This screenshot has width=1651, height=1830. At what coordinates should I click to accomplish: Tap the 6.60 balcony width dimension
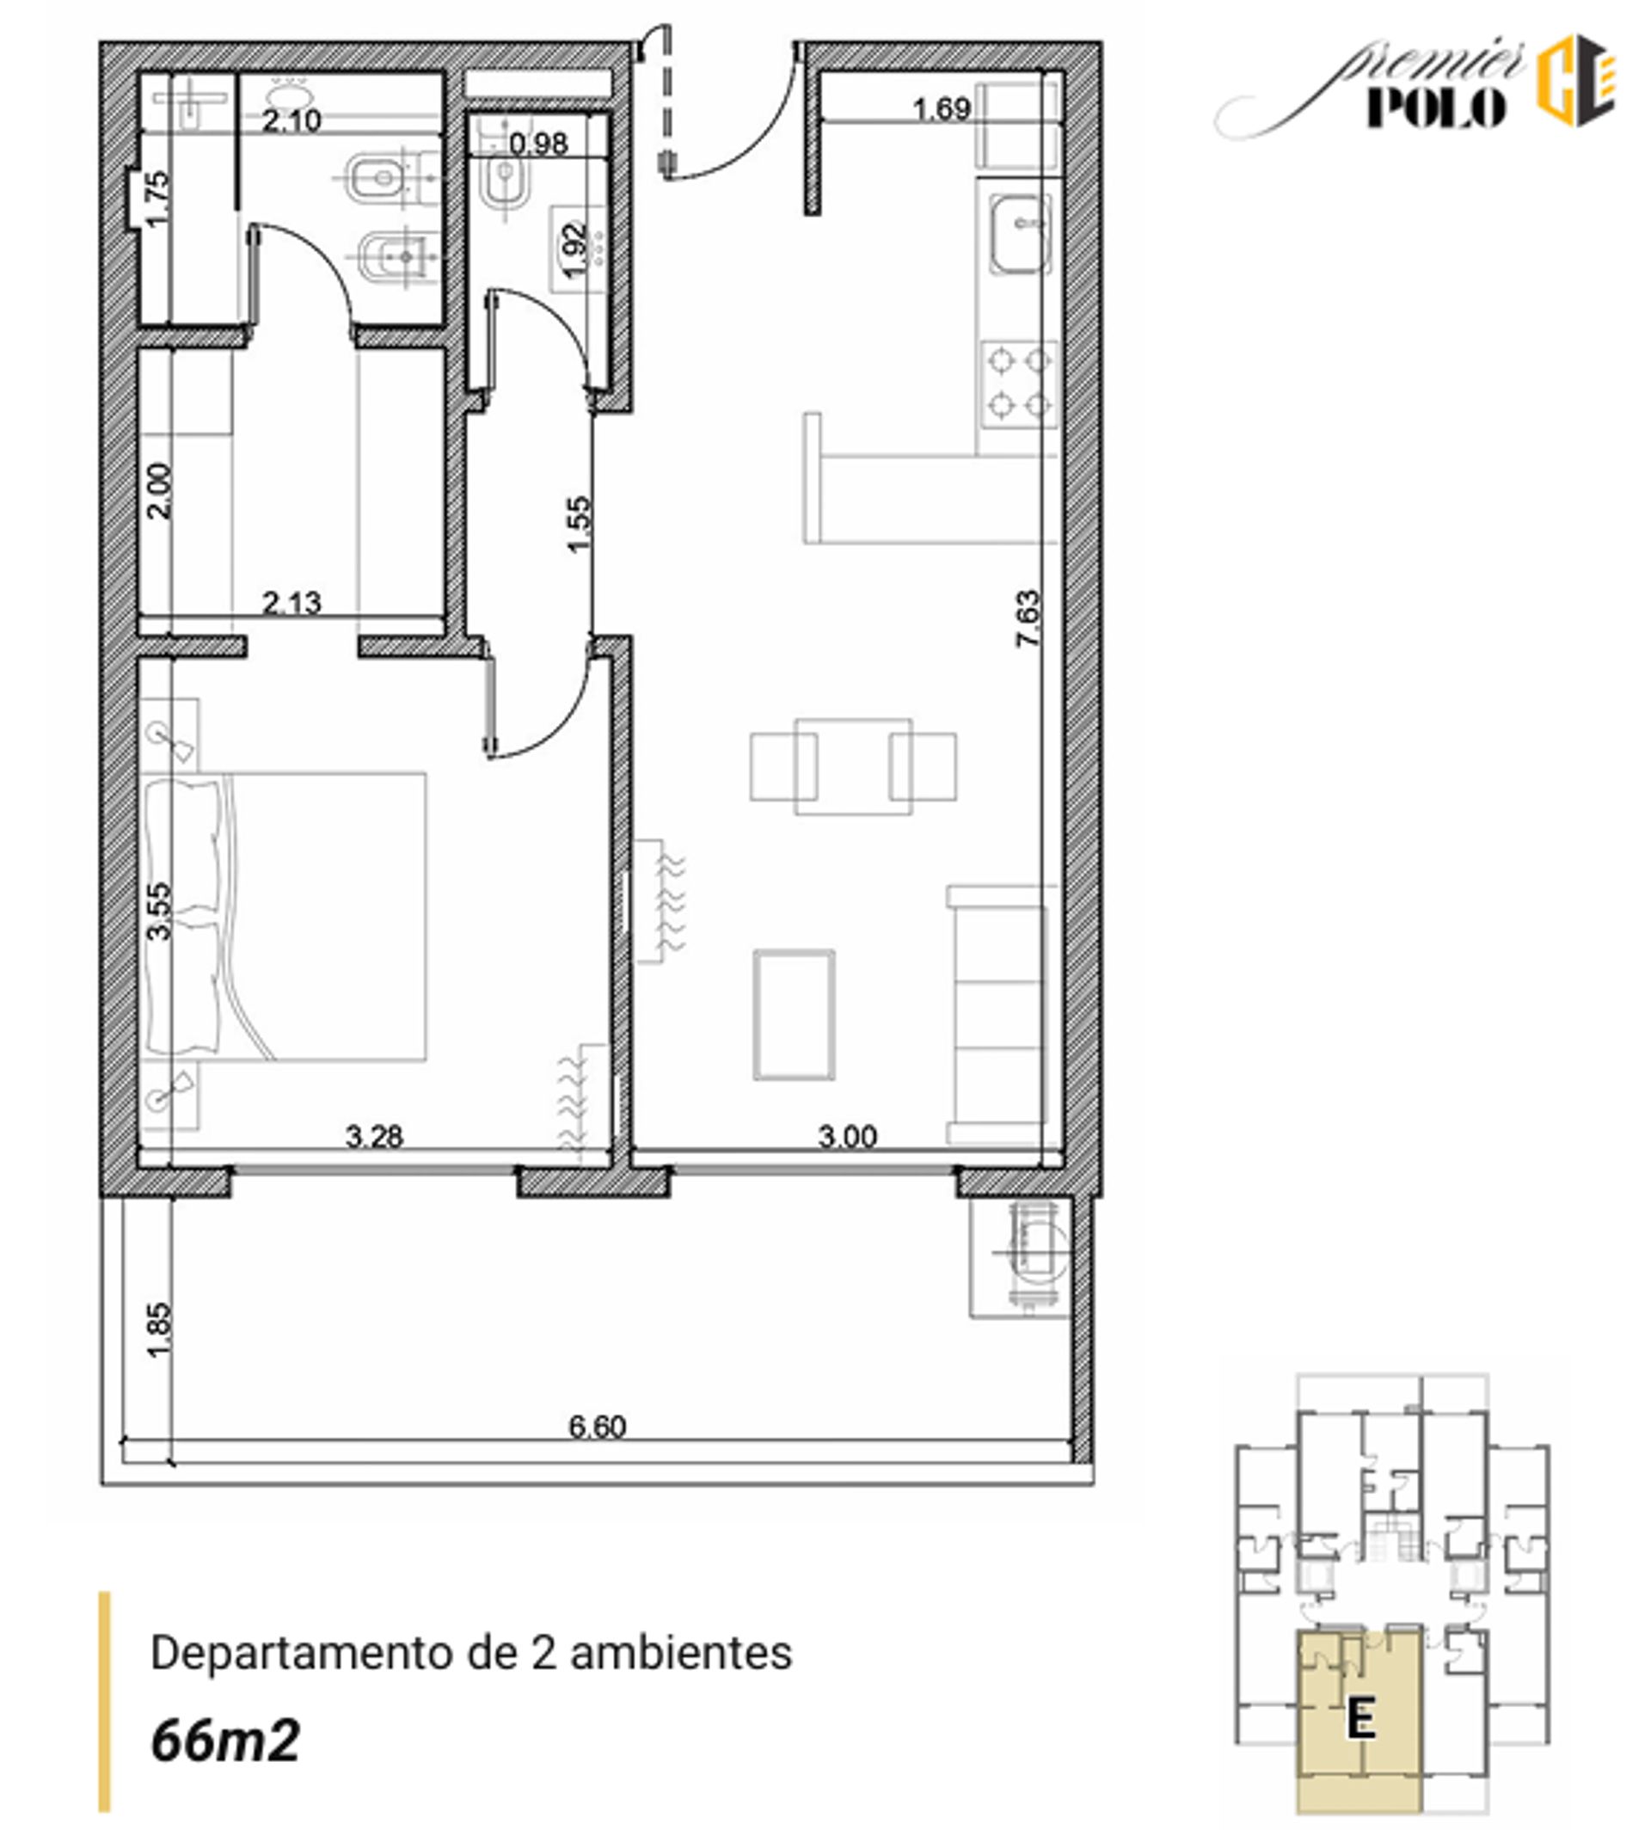(x=597, y=1428)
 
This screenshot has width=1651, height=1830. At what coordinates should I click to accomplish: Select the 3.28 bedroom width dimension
(x=374, y=1136)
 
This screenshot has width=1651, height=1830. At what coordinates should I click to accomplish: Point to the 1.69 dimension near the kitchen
(x=942, y=110)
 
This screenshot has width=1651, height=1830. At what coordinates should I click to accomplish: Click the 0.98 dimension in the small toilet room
(x=538, y=144)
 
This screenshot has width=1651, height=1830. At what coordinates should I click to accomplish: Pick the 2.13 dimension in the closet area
(x=292, y=603)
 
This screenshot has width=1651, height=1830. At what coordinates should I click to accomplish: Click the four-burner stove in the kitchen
(x=1020, y=384)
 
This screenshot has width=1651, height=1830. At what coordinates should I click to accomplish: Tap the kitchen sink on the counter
(x=1020, y=234)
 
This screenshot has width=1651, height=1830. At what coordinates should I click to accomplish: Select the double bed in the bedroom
(x=284, y=917)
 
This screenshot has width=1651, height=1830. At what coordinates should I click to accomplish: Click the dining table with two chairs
(x=853, y=767)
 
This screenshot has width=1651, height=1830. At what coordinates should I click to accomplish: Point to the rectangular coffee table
(x=794, y=1016)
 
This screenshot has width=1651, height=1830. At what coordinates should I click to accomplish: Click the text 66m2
(x=225, y=1741)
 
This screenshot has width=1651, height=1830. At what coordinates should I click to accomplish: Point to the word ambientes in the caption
(x=680, y=1653)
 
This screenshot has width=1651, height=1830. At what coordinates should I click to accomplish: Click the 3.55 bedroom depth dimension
(x=158, y=912)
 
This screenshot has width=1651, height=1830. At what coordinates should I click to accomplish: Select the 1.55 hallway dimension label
(x=578, y=524)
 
